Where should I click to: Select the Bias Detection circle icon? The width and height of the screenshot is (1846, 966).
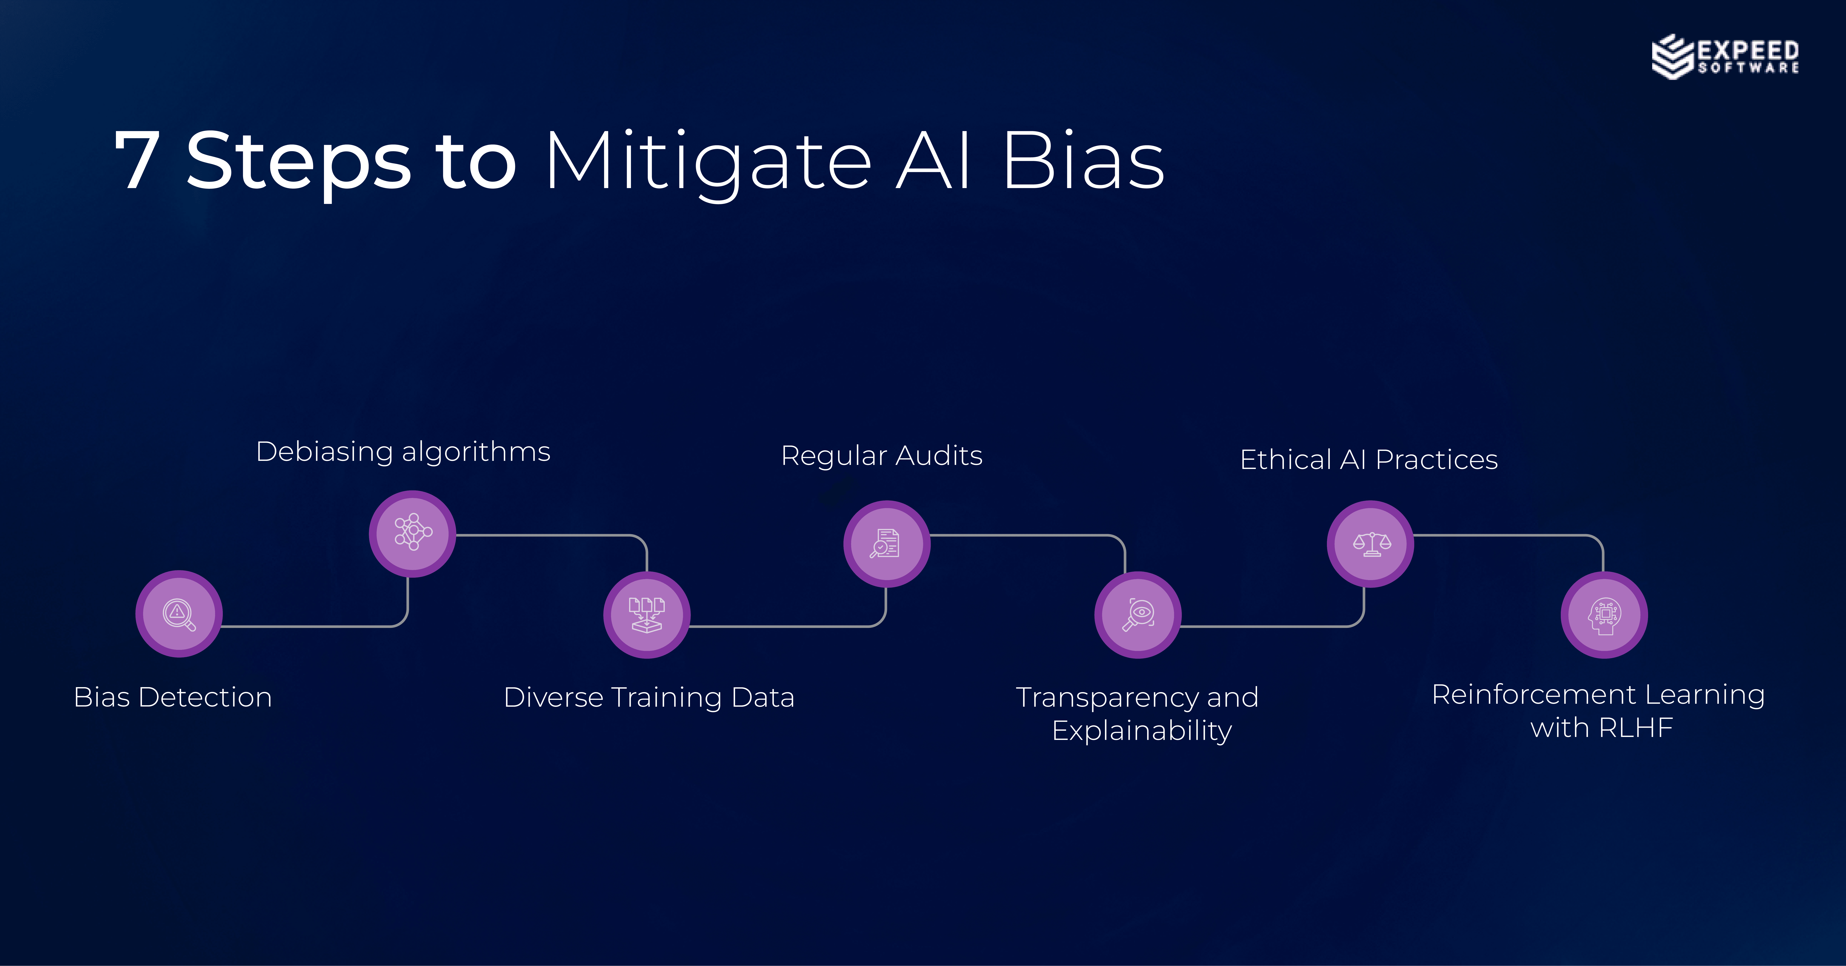pyautogui.click(x=179, y=614)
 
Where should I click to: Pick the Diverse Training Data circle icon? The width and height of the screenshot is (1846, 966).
pyautogui.click(x=646, y=615)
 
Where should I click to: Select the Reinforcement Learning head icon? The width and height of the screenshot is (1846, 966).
pyautogui.click(x=1604, y=615)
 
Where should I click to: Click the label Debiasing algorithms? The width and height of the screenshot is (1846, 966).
pyautogui.click(x=403, y=452)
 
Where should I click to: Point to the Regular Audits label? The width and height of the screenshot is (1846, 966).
pyautogui.click(x=881, y=456)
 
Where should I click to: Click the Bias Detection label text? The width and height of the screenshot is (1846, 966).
pyautogui.click(x=173, y=697)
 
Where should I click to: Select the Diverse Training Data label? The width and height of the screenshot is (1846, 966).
pyautogui.click(x=648, y=697)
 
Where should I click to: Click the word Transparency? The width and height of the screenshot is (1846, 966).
pyautogui.click(x=1107, y=697)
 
